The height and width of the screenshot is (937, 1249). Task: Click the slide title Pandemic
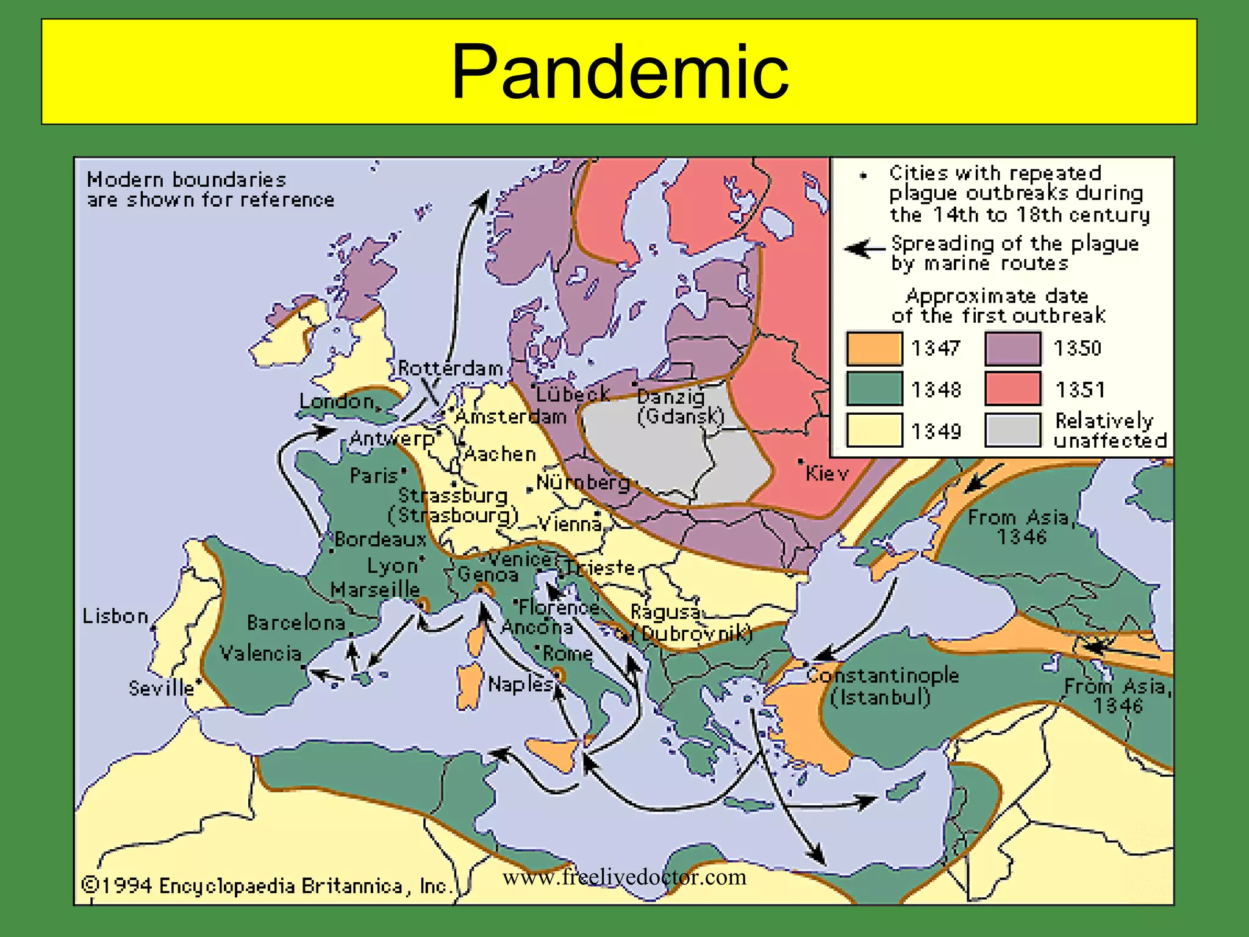click(x=620, y=72)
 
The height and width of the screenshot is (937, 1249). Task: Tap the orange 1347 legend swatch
click(x=874, y=348)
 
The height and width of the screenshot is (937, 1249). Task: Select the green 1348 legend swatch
click(x=874, y=389)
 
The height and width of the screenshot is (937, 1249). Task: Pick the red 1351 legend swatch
click(x=1012, y=389)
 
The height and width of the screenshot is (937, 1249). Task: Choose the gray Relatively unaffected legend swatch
click(x=1012, y=431)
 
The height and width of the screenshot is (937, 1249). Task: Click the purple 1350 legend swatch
click(x=1012, y=348)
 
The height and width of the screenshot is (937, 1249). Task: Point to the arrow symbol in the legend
click(x=864, y=249)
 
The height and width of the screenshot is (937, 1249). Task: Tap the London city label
click(x=337, y=401)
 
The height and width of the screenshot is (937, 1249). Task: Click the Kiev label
click(x=826, y=473)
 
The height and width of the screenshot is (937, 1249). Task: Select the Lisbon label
click(x=115, y=616)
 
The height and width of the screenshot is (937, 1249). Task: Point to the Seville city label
click(x=161, y=689)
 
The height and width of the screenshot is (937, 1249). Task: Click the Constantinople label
click(x=882, y=675)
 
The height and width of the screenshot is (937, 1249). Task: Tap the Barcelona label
click(x=296, y=623)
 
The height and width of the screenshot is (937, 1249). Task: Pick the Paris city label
click(x=373, y=476)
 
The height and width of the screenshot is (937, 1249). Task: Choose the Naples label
click(x=520, y=684)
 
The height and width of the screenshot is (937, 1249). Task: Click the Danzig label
click(x=671, y=397)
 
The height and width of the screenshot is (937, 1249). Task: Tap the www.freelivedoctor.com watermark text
click(x=624, y=877)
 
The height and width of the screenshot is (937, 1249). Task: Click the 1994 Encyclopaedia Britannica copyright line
click(x=267, y=886)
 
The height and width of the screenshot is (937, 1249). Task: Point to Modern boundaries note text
click(x=210, y=190)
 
